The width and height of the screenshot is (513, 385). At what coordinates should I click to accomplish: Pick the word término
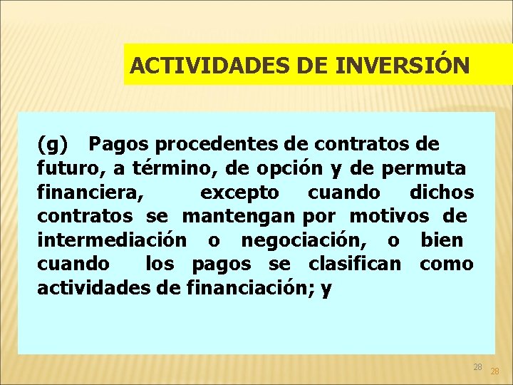pos(164,169)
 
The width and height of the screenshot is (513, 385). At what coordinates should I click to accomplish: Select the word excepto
pos(239,192)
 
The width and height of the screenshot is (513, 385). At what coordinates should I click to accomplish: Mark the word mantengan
pos(239,216)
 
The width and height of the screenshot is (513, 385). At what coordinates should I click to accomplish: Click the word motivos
pos(389,216)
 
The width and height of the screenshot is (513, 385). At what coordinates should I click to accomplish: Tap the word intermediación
pos(113,240)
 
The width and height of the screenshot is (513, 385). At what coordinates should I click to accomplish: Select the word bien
pos(442,240)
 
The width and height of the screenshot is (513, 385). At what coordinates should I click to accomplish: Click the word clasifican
pos(355,264)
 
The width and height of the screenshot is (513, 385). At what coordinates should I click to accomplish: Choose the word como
pos(447,264)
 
